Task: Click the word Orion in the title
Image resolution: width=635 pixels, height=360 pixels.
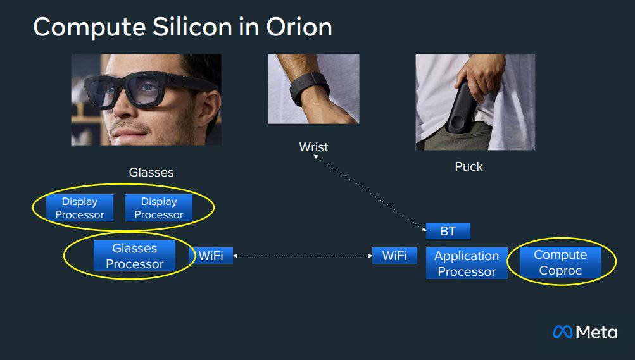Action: point(299,27)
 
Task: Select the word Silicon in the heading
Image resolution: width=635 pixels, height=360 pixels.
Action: point(192,27)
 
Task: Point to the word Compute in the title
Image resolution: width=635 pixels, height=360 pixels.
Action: point(89,27)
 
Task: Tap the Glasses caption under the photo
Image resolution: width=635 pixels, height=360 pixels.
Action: point(151,172)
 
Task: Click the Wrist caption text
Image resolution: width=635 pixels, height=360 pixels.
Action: point(313,147)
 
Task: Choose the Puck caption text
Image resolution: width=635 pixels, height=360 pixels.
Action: point(468,166)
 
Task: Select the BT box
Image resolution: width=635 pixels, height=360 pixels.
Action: point(448,231)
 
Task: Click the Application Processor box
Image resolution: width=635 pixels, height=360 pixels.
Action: point(467,263)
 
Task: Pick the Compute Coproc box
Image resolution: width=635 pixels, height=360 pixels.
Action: point(560,263)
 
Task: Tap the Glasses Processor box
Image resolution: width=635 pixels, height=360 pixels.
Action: point(134,256)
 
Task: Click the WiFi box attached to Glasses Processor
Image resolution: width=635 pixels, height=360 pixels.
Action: point(211,256)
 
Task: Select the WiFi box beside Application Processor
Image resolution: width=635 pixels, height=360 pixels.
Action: point(394,256)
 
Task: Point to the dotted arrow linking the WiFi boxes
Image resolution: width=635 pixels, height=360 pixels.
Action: point(303,256)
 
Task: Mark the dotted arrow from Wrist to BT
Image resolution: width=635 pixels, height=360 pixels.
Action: point(370,193)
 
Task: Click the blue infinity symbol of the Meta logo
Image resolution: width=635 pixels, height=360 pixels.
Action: point(562,332)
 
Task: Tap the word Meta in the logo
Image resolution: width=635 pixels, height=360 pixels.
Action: point(596,333)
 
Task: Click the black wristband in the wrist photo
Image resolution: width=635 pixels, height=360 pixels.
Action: point(308,89)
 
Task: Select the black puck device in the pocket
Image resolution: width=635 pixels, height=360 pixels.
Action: point(462,109)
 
